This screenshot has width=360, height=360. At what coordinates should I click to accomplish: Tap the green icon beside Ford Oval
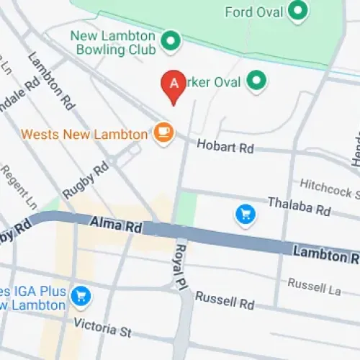point(297,11)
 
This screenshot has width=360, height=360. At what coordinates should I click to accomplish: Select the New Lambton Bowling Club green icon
point(171,42)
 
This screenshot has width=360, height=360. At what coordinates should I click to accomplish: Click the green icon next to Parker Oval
point(256,81)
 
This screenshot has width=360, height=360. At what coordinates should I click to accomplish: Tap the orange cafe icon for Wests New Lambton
point(164,132)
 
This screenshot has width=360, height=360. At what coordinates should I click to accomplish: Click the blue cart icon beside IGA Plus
point(81,294)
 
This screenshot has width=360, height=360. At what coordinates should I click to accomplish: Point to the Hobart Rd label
point(225,147)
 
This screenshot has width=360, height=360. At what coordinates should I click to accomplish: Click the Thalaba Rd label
point(299,207)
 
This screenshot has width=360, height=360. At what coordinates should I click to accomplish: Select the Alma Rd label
point(117,225)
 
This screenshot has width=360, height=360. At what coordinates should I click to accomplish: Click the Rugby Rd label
point(85,179)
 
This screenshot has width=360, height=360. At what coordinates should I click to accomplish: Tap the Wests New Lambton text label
point(86,133)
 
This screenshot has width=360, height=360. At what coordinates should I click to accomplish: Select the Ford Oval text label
point(253,12)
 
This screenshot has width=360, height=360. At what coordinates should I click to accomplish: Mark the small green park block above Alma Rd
point(186,207)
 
